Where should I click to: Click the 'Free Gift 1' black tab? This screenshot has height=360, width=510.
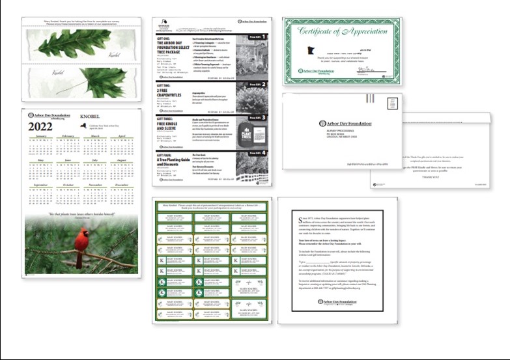[259, 38]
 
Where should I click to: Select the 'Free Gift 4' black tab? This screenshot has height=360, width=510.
[259, 153]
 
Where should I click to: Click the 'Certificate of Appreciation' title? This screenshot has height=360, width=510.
[342, 33]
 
